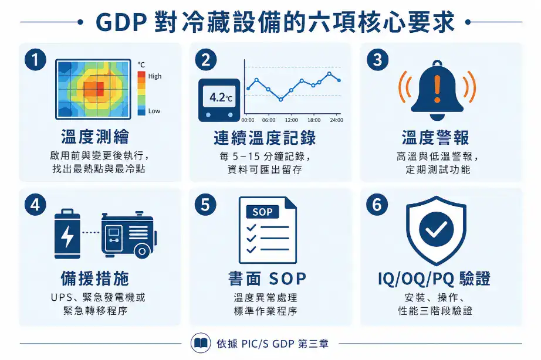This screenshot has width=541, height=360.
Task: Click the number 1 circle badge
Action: [36, 60]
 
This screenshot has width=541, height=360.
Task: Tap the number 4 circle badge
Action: [36, 205]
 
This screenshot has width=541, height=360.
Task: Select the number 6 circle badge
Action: [377, 205]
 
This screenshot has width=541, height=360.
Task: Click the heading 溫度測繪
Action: [96, 138]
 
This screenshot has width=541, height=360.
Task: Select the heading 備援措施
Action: [96, 277]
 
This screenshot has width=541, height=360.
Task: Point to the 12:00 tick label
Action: [291, 120]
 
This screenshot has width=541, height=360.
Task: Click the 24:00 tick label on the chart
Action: [336, 120]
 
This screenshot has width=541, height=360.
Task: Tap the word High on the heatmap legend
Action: [155, 76]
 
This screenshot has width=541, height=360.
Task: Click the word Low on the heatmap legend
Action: [154, 111]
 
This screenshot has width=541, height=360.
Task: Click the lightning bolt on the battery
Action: [67, 236]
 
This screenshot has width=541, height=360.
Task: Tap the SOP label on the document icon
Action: [262, 212]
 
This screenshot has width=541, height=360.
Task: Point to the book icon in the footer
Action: [201, 344]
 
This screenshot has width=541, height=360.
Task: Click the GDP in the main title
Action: [120, 23]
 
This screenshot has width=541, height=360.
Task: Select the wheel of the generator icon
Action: [141, 252]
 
